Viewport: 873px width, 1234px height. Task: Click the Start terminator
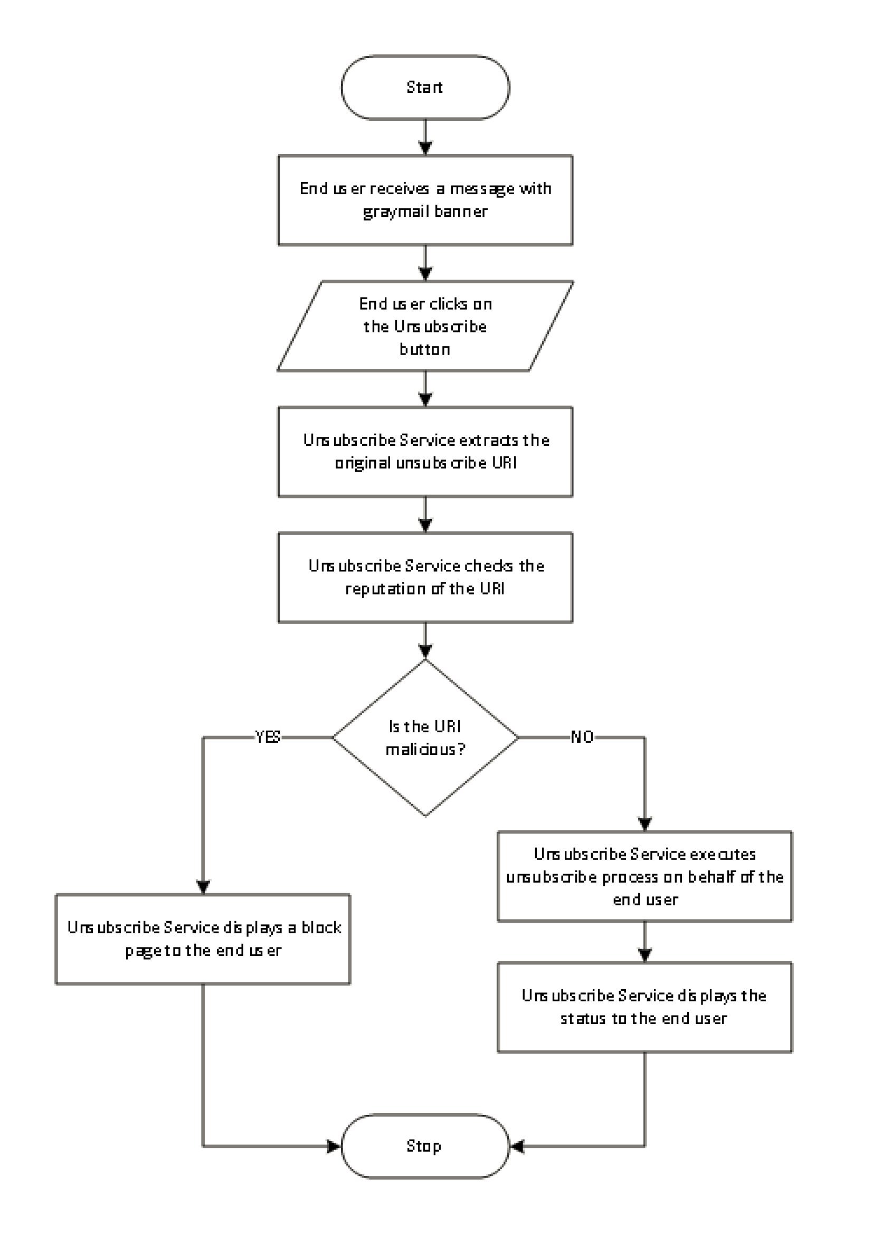425,88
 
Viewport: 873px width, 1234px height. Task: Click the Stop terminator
425,1146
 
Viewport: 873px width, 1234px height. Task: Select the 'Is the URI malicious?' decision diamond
425,738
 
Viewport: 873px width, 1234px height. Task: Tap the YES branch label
268,737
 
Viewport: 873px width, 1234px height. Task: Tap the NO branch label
582,737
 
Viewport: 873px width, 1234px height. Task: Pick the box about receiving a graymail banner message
425,200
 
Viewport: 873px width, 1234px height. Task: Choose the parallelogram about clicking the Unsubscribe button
425,326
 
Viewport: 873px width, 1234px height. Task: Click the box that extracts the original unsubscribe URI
425,452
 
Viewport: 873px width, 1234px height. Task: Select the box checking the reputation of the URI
425,578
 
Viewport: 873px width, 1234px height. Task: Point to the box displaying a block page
203,939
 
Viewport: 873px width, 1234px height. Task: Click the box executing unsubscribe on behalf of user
644,877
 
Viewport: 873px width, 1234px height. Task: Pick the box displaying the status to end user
644,1007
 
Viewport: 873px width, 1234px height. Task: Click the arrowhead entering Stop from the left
334,1146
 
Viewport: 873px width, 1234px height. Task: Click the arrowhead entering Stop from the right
516,1146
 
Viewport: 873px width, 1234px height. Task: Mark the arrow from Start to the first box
425,138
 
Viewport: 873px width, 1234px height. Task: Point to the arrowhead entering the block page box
203,887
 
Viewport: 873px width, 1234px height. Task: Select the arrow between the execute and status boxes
644,942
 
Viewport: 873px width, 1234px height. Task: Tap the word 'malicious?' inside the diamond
425,749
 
